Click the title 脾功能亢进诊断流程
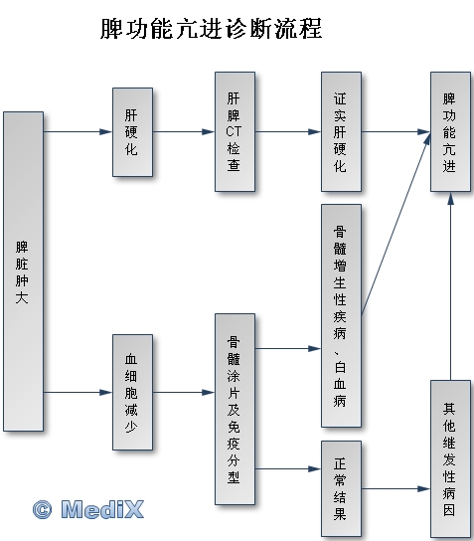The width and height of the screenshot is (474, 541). (x=211, y=28)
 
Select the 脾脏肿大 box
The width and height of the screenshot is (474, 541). (x=24, y=271)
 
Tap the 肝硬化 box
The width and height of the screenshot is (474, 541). (x=133, y=132)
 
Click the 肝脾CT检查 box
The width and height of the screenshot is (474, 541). (x=236, y=131)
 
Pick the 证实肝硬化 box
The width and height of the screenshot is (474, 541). (x=341, y=131)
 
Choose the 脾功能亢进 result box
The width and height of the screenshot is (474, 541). (x=450, y=131)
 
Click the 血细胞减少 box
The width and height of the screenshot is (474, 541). (x=133, y=392)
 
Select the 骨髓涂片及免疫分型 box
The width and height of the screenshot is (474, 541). (x=236, y=409)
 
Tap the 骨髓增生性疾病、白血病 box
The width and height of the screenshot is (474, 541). (x=341, y=315)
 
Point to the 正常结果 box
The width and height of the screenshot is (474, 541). (x=341, y=488)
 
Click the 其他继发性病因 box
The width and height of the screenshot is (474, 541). (x=450, y=458)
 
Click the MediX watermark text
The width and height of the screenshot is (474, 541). (x=102, y=509)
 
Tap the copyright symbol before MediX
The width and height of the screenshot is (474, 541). (x=43, y=509)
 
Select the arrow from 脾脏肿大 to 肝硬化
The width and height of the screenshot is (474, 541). (x=78, y=131)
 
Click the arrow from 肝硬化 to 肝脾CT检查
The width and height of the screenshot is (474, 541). (x=184, y=131)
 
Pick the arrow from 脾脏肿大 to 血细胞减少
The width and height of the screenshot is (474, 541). (x=78, y=392)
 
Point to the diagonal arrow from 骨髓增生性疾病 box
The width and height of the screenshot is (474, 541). (x=396, y=224)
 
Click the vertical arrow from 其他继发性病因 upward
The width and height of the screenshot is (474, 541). (x=450, y=286)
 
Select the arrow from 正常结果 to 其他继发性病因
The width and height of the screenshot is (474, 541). (x=395, y=488)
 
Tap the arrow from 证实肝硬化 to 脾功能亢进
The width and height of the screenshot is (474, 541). (x=395, y=131)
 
